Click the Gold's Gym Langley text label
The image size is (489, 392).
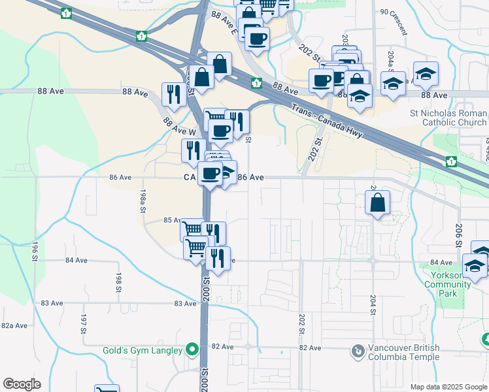pos(143,351)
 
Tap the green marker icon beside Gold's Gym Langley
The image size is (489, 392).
pos(192,351)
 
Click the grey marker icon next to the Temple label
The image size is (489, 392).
pos(358,352)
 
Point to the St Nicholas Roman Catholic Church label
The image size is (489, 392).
pos(448,118)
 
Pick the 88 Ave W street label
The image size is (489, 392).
pos(175,125)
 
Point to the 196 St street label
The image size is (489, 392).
pos(34,252)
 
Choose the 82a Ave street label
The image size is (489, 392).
pos(14,325)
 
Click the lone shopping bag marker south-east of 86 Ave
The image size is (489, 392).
pos(378,203)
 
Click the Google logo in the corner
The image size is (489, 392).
pos(22,384)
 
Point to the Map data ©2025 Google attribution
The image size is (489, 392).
pos(448,387)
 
